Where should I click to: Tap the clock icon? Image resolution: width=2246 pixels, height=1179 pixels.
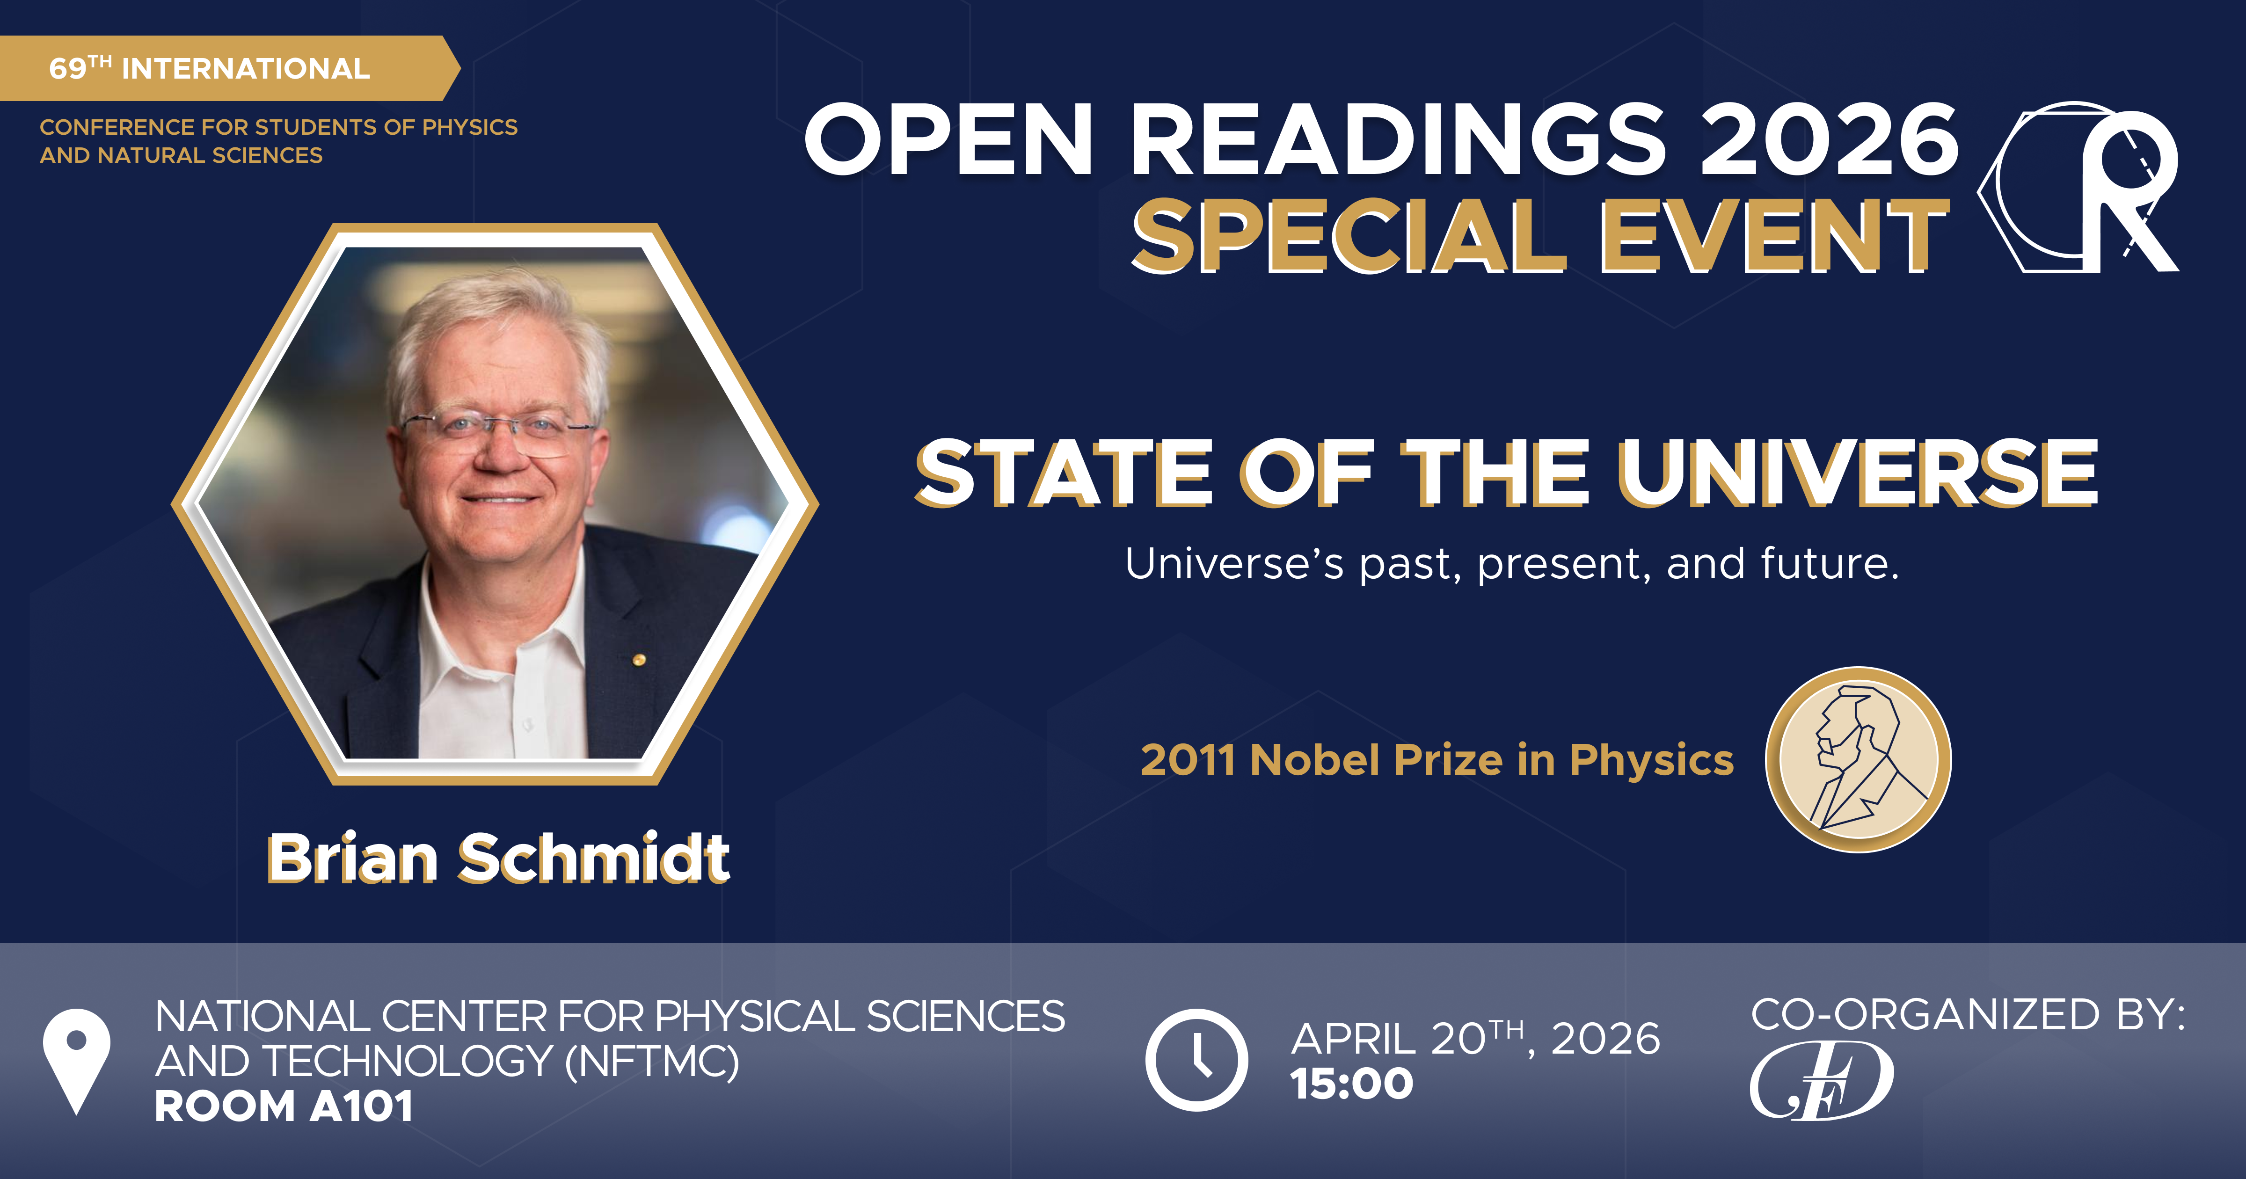tap(1196, 1060)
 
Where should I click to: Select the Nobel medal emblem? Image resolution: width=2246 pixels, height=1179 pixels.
tap(1858, 759)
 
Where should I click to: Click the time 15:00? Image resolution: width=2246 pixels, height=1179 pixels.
tap(1351, 1084)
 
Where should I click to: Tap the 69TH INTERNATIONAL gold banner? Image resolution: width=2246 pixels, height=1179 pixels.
tap(209, 68)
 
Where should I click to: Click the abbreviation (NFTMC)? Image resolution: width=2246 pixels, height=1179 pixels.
tap(652, 1061)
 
